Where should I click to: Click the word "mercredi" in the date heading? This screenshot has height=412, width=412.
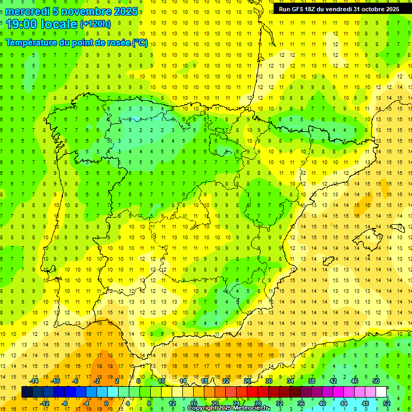click(x=27, y=11)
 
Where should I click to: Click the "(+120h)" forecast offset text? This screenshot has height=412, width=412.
click(x=95, y=24)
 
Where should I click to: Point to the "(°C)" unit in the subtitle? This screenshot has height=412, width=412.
click(x=139, y=43)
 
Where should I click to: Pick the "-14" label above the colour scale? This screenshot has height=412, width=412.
click(x=34, y=381)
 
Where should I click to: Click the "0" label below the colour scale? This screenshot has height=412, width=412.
click(x=106, y=403)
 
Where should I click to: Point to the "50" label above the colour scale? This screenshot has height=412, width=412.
click(x=376, y=381)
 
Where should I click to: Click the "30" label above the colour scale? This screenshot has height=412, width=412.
click(x=268, y=381)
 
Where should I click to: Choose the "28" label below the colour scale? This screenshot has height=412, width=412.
click(x=257, y=403)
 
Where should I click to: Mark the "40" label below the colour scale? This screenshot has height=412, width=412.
click(x=322, y=403)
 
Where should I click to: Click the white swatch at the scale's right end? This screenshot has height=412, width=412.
click(x=381, y=392)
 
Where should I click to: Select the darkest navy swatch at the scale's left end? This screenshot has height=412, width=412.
click(x=27, y=392)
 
